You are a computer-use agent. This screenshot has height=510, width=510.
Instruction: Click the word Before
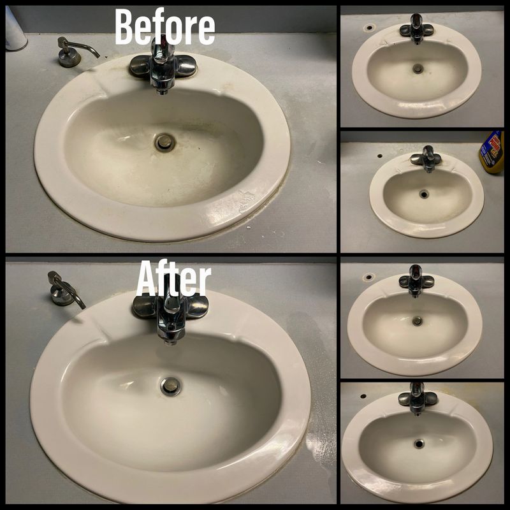(x=165, y=27)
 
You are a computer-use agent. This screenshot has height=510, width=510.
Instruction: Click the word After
(x=173, y=278)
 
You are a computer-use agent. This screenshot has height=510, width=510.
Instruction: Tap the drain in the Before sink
(x=165, y=142)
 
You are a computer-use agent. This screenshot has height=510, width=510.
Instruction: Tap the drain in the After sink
(x=171, y=386)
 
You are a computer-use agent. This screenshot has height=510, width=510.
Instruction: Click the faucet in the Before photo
(x=163, y=65)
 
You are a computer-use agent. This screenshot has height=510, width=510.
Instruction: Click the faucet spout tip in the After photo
(x=169, y=342)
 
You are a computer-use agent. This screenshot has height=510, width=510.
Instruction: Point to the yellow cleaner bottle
(x=492, y=152)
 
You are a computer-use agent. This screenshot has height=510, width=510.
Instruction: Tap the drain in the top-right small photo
(x=418, y=69)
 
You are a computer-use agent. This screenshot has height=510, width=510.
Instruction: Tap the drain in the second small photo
(x=423, y=194)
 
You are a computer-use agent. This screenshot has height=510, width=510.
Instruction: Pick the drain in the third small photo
(x=417, y=321)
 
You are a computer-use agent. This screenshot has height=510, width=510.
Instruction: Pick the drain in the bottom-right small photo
(x=419, y=444)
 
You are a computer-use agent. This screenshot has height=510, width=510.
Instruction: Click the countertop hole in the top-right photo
(x=369, y=27)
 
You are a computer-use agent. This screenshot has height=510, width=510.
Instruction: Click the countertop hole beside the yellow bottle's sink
(x=379, y=156)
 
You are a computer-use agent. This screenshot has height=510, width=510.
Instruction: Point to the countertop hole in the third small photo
(x=369, y=277)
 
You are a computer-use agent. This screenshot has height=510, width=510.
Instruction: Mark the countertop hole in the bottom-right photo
(x=363, y=396)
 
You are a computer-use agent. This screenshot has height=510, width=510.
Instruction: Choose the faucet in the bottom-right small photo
(x=418, y=399)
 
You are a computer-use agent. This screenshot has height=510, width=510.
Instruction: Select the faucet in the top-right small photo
(x=416, y=29)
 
